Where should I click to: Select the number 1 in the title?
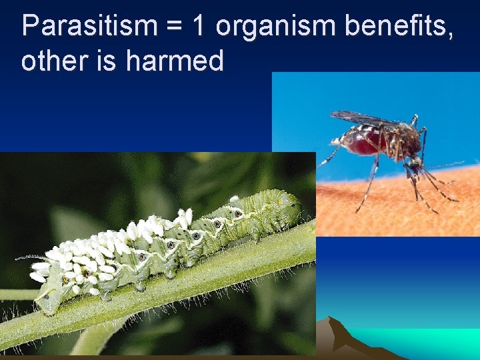(x=199, y=27)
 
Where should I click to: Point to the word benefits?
(x=396, y=27)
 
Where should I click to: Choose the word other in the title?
(x=50, y=61)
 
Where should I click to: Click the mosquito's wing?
(x=363, y=120)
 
